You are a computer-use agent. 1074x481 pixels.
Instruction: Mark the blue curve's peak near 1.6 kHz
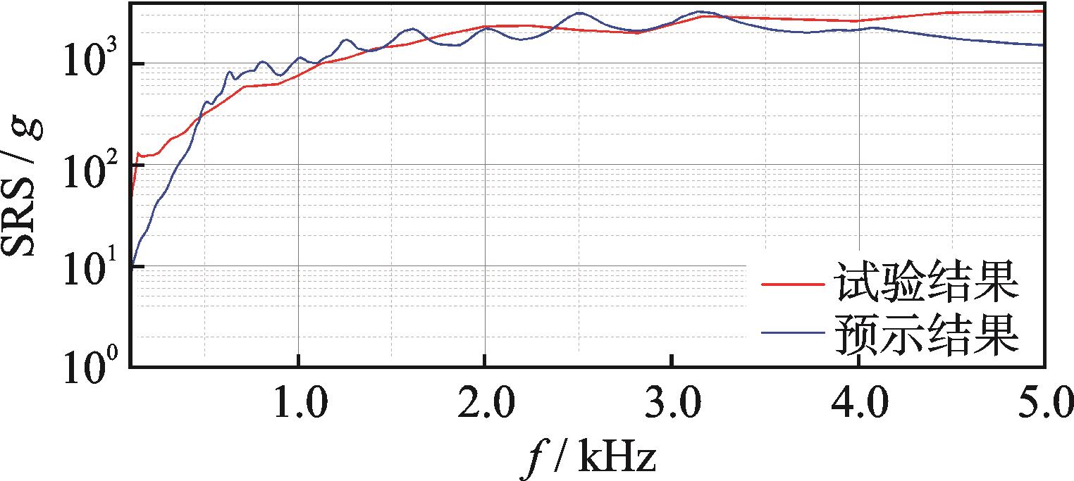coord(413,29)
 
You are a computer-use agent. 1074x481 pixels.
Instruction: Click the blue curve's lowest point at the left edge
coord(132,266)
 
